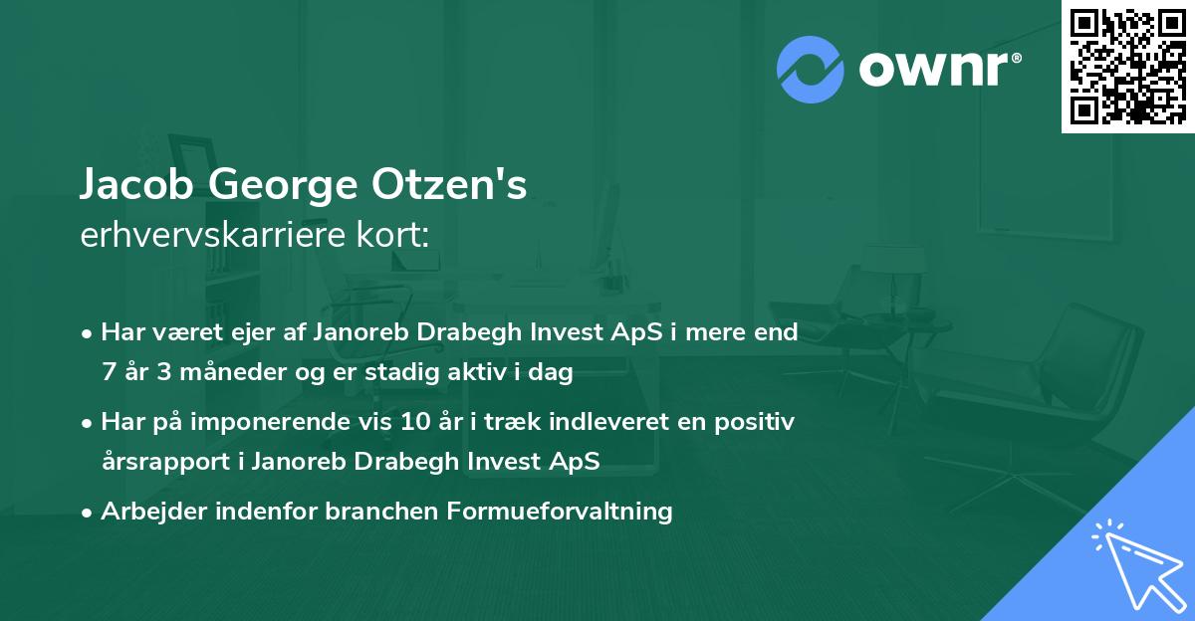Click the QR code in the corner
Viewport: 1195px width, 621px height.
[1127, 66]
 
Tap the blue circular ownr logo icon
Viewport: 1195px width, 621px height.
[811, 70]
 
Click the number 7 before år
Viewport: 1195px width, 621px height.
[108, 373]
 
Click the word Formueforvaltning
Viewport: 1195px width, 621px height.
[561, 512]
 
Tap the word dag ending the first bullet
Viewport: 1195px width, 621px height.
[555, 373]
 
